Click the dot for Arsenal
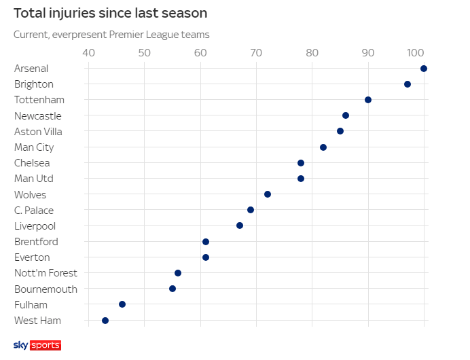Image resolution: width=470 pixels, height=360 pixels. [x=424, y=69]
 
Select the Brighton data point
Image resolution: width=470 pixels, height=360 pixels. [x=408, y=84]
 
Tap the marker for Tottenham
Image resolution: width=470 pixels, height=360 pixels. [x=368, y=100]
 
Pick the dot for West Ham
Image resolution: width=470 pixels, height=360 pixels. [x=105, y=320]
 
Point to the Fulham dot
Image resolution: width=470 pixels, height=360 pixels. [x=122, y=304]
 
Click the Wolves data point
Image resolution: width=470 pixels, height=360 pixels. [x=268, y=194]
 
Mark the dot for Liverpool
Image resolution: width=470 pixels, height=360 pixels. [x=240, y=226]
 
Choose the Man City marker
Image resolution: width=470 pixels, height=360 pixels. [x=323, y=147]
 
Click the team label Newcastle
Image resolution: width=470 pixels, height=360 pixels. [x=37, y=116]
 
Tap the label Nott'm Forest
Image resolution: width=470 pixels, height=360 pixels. [x=46, y=273]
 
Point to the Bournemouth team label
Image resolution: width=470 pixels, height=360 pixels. [x=46, y=289]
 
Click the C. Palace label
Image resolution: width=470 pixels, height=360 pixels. [x=34, y=211]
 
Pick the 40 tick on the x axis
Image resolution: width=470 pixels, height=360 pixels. [x=88, y=52]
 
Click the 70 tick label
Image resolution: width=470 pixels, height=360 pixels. [x=256, y=52]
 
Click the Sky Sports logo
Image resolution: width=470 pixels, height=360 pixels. [x=37, y=345]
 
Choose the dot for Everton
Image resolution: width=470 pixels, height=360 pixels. [x=206, y=257]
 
